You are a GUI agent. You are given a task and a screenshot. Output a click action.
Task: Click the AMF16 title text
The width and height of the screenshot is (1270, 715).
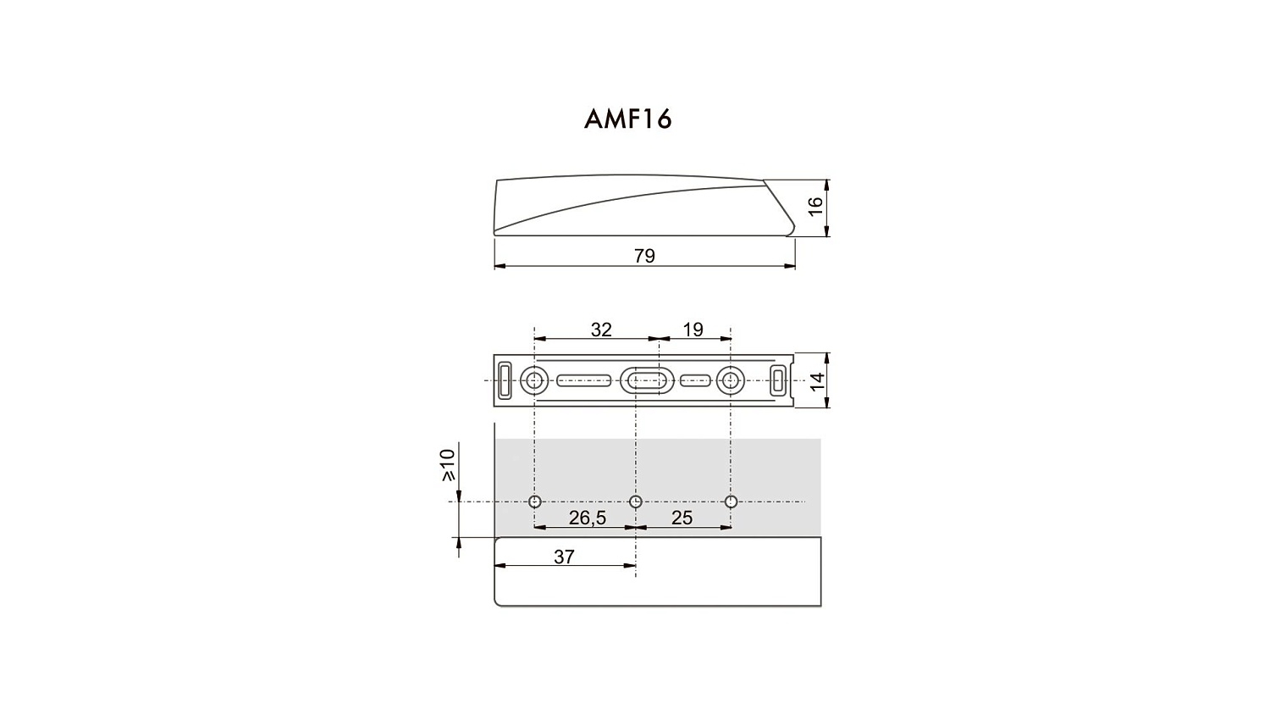627,119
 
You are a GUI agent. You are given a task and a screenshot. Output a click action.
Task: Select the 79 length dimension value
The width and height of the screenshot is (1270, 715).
644,256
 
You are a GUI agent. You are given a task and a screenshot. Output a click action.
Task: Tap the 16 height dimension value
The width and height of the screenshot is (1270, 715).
815,207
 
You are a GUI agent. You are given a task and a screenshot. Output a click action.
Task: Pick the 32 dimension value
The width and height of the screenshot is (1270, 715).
601,330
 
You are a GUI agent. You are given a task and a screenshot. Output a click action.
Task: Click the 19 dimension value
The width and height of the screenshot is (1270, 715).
693,330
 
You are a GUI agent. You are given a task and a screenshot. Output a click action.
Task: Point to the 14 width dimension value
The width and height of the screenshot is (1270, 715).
817,380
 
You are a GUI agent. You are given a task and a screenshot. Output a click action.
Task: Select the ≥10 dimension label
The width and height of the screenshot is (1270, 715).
448,464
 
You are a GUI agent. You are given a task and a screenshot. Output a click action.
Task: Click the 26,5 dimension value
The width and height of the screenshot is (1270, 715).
588,518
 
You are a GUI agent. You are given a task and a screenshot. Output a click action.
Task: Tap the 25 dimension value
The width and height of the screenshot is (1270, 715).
682,518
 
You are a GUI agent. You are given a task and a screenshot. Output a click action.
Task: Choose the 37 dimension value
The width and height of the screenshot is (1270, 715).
564,557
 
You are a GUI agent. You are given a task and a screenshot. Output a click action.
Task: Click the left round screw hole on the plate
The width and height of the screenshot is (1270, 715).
533,380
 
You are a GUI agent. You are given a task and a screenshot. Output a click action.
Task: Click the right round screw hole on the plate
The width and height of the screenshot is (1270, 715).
730,380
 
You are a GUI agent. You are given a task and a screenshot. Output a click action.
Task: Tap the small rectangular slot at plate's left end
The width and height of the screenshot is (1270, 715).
505,380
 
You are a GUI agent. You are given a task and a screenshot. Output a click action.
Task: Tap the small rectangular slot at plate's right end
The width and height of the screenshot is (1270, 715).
778,380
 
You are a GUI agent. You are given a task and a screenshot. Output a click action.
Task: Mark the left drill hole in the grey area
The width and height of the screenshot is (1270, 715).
534,502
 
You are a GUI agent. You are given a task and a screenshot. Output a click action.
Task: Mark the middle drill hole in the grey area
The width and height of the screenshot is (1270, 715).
636,502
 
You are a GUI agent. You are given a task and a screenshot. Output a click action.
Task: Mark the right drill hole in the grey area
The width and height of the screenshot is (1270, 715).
732,502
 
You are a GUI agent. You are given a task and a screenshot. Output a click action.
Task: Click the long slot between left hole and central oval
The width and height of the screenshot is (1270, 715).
583,380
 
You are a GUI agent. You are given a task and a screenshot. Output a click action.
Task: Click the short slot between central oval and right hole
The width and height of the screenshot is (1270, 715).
695,380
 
